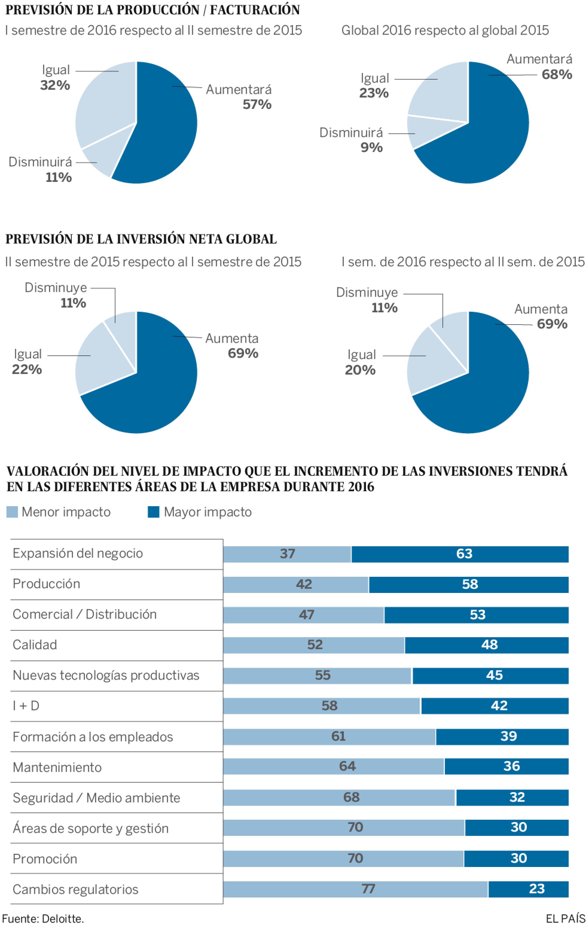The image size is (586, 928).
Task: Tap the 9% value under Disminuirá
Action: [371, 147]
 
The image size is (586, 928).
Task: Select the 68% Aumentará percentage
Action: [556, 74]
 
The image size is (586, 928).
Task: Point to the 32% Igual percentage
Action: [55, 85]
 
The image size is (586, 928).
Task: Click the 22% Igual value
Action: [27, 369]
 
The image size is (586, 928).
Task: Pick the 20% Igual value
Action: [360, 370]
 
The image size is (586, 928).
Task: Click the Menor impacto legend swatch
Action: [12, 512]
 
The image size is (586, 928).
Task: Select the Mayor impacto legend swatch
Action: [153, 512]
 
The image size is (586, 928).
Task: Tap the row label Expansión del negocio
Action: [78, 553]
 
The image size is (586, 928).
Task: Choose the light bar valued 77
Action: [355, 889]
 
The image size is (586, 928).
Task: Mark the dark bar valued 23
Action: [528, 889]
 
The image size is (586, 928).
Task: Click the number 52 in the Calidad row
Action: [315, 645]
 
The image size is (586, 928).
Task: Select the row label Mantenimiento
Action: [57, 767]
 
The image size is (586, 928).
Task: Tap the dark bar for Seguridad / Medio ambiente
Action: [512, 797]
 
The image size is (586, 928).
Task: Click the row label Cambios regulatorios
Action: [76, 889]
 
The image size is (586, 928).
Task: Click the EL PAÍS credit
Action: [565, 919]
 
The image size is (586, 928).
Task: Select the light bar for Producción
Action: [295, 585]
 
